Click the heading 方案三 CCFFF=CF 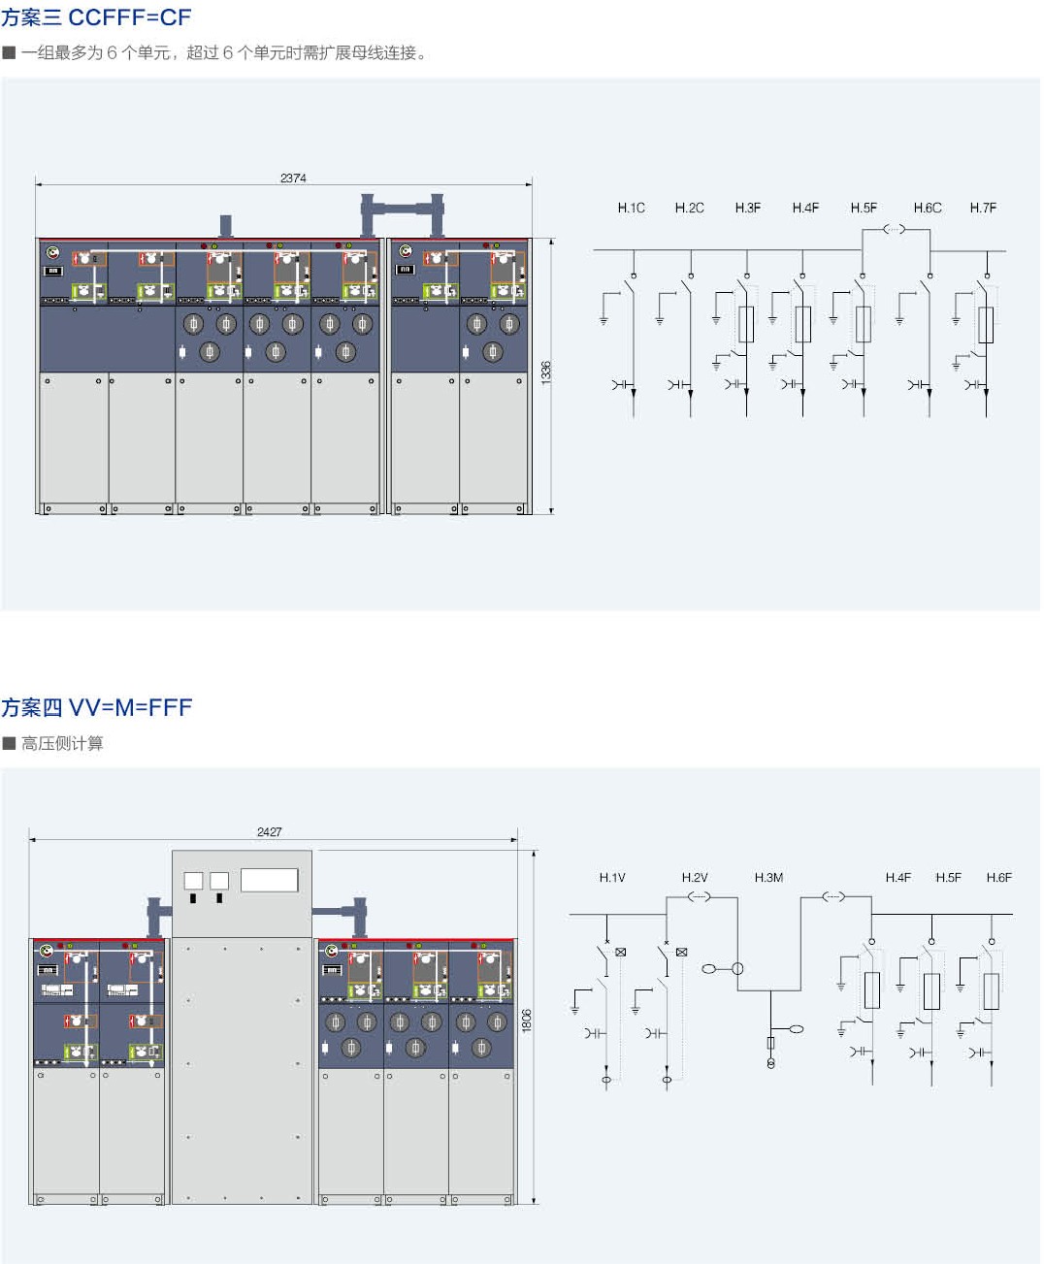point(96,17)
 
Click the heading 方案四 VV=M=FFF point(96,707)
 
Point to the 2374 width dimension point(293,178)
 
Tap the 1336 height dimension point(546,373)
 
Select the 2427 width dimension point(270,831)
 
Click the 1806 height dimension point(527,1020)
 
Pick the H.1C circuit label point(631,208)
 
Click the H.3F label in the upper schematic point(747,208)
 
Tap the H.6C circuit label point(927,208)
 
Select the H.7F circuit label point(983,208)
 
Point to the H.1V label point(612,877)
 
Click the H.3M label point(768,877)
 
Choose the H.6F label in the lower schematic point(998,877)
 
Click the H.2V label point(695,877)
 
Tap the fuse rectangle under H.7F point(986,324)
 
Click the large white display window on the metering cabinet point(269,879)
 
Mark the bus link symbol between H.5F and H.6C point(894,230)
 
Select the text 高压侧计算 point(62,743)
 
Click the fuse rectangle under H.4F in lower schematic point(872,989)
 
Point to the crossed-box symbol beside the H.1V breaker point(621,952)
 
